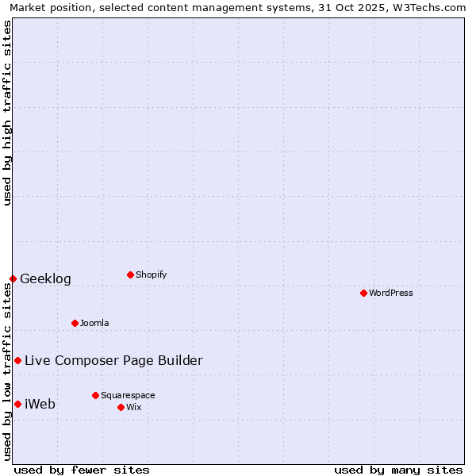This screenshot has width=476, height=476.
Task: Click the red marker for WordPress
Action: click(x=363, y=293)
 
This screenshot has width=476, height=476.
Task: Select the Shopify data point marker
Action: click(x=130, y=274)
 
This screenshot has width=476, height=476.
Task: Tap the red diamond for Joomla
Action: click(x=75, y=323)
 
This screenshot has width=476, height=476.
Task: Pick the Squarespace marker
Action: click(x=95, y=395)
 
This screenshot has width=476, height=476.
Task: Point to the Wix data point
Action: click(x=121, y=407)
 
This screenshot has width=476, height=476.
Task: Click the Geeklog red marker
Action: click(x=13, y=278)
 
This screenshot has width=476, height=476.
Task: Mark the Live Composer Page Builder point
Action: click(x=17, y=360)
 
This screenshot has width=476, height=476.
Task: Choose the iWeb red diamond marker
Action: click(x=17, y=404)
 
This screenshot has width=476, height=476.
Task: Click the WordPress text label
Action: click(x=391, y=293)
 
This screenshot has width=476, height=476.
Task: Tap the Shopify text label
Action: click(x=151, y=274)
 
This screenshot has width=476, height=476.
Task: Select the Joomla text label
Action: click(x=94, y=323)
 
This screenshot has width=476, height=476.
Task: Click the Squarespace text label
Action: click(x=128, y=395)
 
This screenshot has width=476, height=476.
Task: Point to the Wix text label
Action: click(x=134, y=407)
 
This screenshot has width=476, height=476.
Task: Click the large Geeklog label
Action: click(x=45, y=278)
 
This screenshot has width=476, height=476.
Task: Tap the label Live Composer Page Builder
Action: click(x=113, y=360)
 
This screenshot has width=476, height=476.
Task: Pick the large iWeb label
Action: click(x=40, y=404)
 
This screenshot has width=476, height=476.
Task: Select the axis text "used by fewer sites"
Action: click(x=82, y=470)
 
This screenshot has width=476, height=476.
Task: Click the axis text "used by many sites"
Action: click(x=398, y=470)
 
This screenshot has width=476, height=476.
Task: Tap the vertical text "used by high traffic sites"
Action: click(x=7, y=113)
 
